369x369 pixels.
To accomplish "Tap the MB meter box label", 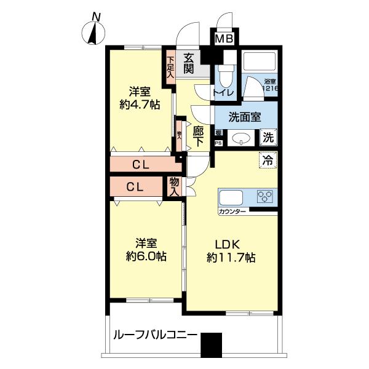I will pyautogui.click(x=223, y=39).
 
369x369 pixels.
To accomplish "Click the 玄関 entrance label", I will pyautogui.click(x=188, y=62).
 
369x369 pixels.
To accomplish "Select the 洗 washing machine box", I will pyautogui.click(x=269, y=138).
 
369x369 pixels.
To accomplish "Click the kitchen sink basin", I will pyautogui.click(x=232, y=198).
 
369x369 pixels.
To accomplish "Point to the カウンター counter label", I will pyautogui.click(x=232, y=212).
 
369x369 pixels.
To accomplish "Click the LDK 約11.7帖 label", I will pyautogui.click(x=231, y=252).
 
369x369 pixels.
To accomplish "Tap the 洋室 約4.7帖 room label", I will pyautogui.click(x=140, y=98).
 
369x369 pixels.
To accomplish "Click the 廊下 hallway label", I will pyautogui.click(x=198, y=135).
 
